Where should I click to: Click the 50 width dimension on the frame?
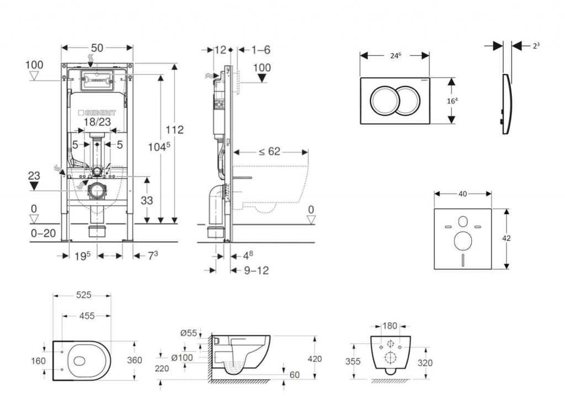[x=97, y=48]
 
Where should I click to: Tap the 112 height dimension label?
[x=175, y=130]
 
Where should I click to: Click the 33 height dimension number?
[x=146, y=201]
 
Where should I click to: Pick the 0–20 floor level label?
[x=43, y=233]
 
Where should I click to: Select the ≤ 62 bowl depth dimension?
[x=270, y=152]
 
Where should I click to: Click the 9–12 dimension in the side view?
[x=256, y=270]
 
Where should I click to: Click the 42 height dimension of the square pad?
[x=507, y=238]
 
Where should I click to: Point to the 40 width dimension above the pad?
[x=462, y=194]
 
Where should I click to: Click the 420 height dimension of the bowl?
[x=315, y=358]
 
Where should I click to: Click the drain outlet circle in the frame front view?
[x=98, y=190]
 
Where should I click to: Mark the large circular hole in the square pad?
[x=462, y=240]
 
